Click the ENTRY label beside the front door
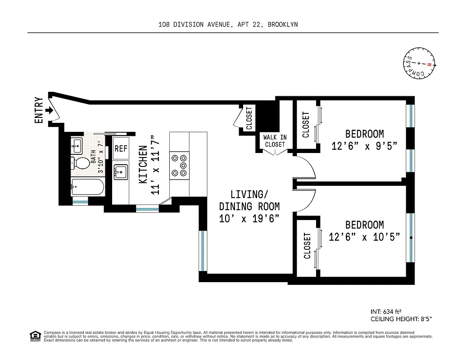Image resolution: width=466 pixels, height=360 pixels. [x=39, y=110]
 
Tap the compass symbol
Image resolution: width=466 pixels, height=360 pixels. [x=419, y=63]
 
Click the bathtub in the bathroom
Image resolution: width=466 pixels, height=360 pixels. [x=87, y=187]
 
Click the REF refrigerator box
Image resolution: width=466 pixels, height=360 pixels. [x=121, y=148]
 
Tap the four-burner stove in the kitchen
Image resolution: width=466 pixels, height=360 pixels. [x=179, y=165]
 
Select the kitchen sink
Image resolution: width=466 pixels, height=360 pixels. [x=121, y=171]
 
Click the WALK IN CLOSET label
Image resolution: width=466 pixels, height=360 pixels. [x=275, y=141]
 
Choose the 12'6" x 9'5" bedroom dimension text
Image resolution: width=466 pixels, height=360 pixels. [x=364, y=147]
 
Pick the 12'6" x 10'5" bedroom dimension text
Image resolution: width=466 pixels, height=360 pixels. [x=364, y=237]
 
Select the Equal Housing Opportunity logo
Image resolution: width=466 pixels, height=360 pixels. [x=35, y=336]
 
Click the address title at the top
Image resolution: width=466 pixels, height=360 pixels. [x=228, y=25]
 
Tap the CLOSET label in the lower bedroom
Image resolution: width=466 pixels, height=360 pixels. [x=307, y=246]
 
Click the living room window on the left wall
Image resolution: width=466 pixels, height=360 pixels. [x=203, y=251]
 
